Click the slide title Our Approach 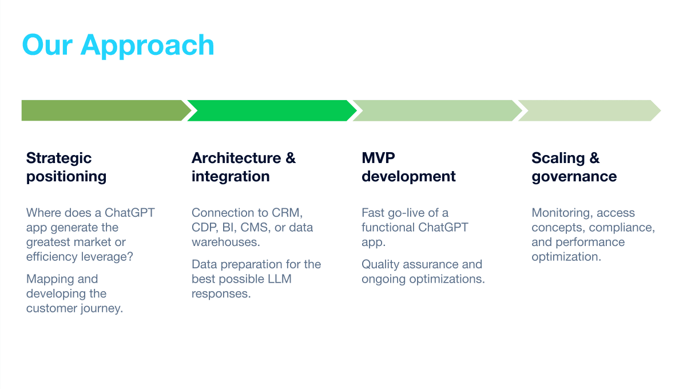118,45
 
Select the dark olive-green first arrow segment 103,110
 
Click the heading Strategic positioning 66,167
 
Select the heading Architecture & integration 243,167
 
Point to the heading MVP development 408,167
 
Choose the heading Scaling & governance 574,167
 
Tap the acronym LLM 279,279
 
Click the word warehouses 225,242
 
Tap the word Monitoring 561,213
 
